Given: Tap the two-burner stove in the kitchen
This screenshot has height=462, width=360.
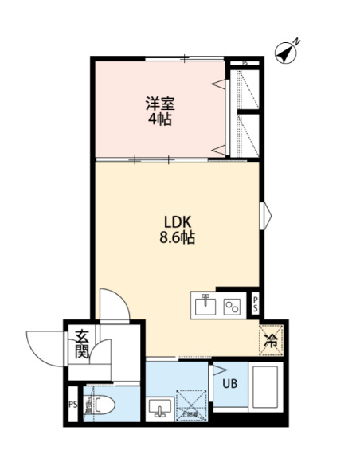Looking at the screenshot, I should pos(233,305).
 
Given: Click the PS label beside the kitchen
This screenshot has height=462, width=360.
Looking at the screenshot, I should pos(256,303).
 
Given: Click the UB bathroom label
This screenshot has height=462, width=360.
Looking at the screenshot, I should pos(229,385).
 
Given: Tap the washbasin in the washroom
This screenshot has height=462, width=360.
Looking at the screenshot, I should pos(158,407).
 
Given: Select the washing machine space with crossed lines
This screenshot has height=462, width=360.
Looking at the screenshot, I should pos(190,402).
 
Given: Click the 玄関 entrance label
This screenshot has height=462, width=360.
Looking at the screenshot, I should pos(81,343).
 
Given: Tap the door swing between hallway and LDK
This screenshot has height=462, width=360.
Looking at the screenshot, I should pos(114,303).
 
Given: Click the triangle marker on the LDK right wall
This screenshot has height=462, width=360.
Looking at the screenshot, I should pos(266,215).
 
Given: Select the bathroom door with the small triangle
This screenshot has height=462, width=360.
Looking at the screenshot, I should pos(213,374).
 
